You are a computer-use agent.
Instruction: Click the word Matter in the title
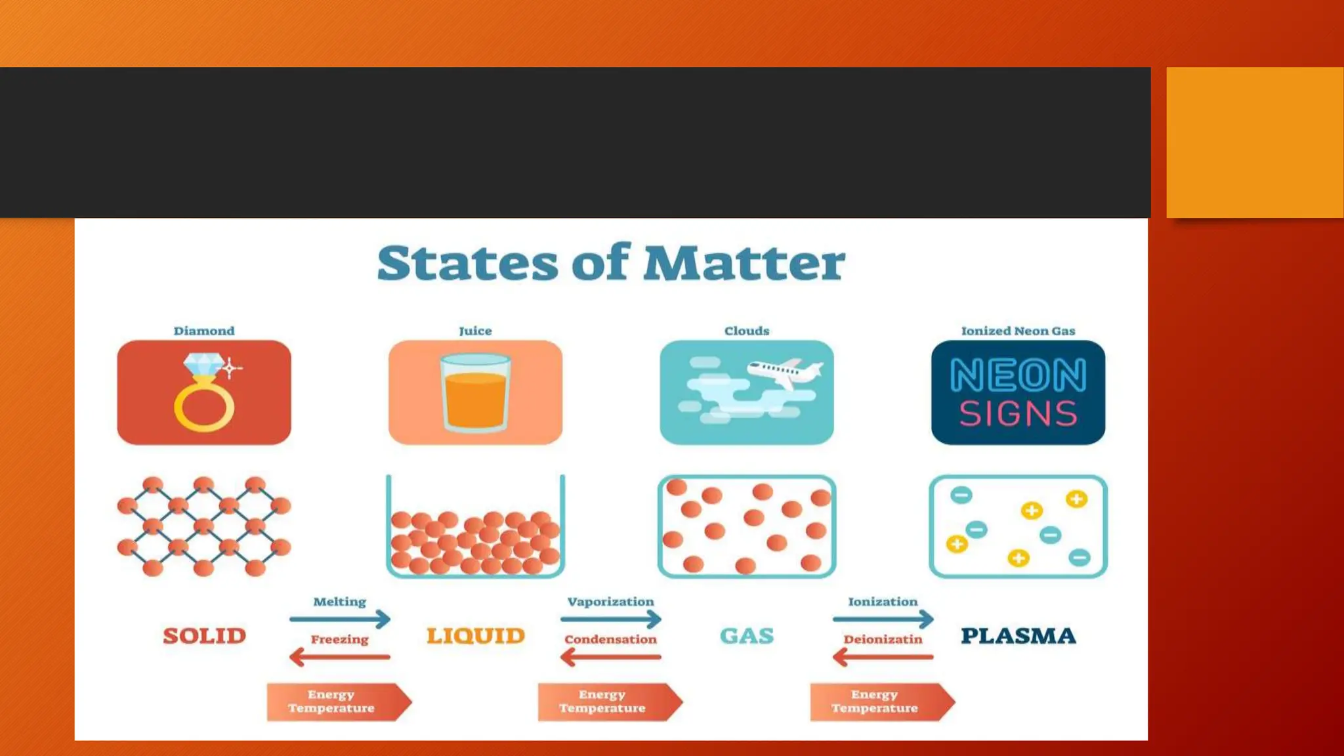[744, 264]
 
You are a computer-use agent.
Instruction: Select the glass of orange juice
[475, 392]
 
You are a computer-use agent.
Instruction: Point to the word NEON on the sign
[1018, 375]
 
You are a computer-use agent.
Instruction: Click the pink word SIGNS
[1018, 414]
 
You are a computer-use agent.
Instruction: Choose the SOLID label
[204, 636]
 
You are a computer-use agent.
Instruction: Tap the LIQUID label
[476, 636]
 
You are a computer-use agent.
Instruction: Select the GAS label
[747, 636]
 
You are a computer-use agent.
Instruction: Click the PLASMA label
[1018, 636]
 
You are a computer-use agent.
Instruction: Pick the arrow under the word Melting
[340, 619]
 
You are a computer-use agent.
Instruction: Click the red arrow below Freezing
[340, 656]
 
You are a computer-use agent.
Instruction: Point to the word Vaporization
[610, 602]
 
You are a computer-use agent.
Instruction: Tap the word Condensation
[610, 639]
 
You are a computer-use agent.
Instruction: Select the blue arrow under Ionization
[883, 619]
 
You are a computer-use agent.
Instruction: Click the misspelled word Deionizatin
[883, 639]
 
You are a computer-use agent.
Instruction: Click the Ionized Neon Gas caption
[1018, 331]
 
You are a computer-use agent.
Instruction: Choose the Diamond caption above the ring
[204, 331]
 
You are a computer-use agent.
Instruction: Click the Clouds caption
[747, 331]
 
